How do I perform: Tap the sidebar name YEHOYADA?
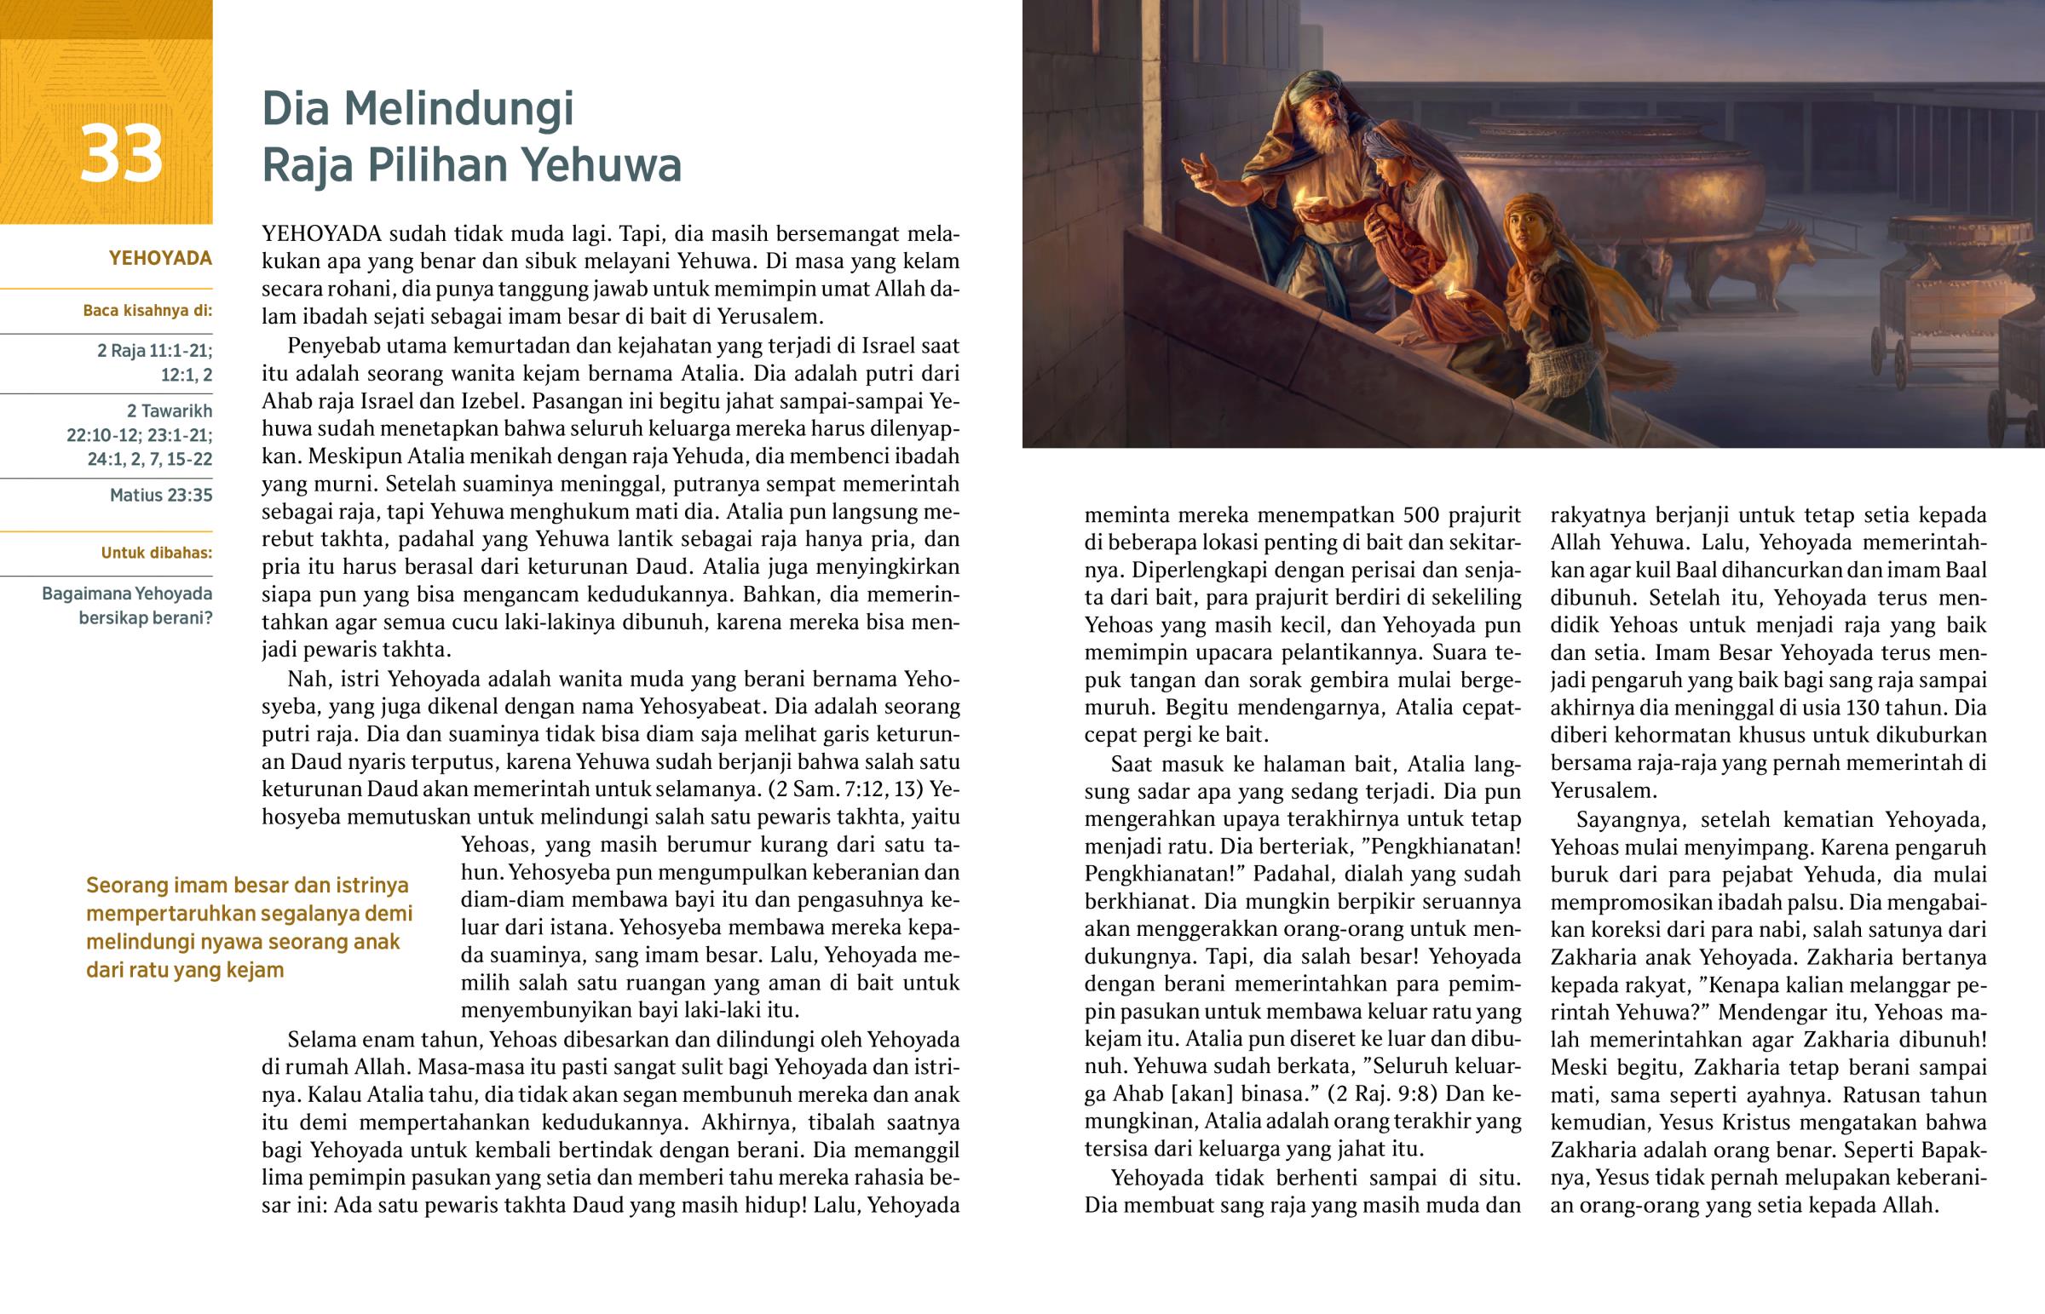coord(160,259)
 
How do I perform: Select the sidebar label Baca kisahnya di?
coord(147,311)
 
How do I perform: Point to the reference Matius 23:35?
coord(160,495)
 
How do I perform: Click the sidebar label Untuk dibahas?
coord(156,553)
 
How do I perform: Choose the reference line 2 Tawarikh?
coord(169,410)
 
